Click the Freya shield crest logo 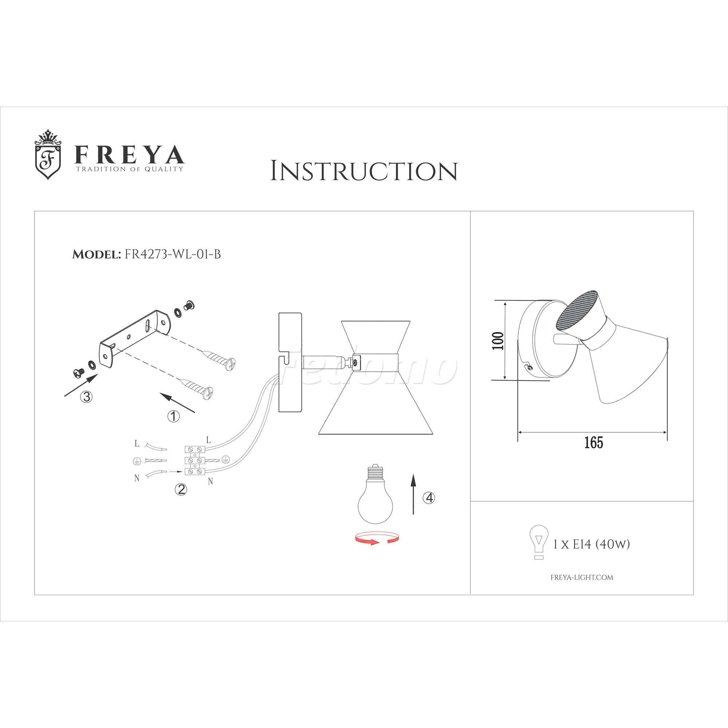48,155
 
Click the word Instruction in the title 364,171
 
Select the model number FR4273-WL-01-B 173,254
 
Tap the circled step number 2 181,489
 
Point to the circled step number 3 87,396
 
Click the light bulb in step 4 375,494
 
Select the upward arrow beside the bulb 414,494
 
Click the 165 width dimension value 593,442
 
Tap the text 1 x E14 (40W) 591,545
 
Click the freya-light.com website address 582,577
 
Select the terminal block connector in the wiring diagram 195,460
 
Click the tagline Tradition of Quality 130,169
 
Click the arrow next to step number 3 81,385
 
